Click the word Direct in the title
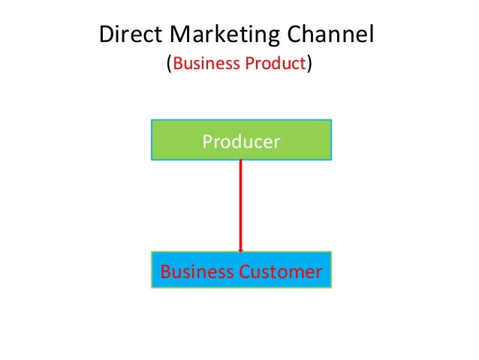coord(128,35)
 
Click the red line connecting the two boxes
coord(240,203)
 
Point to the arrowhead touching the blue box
coord(240,250)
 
